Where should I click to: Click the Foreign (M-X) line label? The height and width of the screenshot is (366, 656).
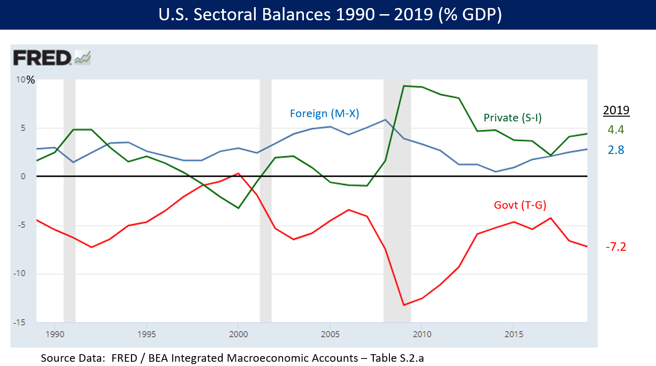(324, 113)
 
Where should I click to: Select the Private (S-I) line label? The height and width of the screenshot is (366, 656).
(512, 118)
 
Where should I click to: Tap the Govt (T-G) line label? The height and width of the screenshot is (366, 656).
(520, 205)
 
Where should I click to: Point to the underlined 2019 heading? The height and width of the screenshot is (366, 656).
(616, 111)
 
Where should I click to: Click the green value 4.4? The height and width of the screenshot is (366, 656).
(616, 130)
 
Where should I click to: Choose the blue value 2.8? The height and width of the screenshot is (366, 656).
(616, 150)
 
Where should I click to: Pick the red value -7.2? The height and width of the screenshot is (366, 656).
(615, 247)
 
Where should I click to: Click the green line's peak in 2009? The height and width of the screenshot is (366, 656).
(404, 86)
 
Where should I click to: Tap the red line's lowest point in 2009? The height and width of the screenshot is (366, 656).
(404, 305)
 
